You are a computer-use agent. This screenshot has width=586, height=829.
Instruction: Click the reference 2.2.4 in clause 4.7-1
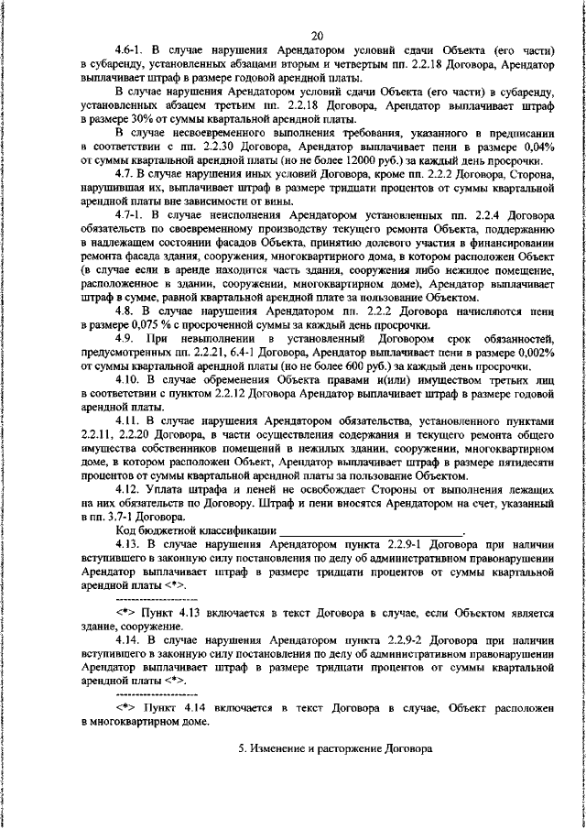click(x=487, y=214)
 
